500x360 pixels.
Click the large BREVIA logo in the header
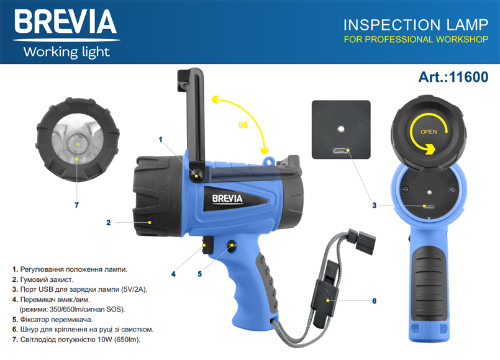66,21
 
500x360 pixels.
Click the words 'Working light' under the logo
66,52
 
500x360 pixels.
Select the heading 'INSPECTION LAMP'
416,25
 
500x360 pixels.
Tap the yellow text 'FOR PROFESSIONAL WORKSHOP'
416,40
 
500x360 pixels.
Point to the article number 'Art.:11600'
453,77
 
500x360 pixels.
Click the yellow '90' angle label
243,125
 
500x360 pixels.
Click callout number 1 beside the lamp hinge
160,140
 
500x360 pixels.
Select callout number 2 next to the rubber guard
109,223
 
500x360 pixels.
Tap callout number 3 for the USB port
375,205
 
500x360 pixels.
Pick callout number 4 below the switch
173,274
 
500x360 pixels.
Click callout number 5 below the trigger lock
199,274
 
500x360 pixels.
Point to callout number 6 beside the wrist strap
375,301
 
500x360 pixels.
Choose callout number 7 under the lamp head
76,205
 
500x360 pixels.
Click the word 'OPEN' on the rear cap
429,132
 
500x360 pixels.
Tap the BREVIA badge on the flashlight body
227,199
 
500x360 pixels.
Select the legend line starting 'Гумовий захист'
43,279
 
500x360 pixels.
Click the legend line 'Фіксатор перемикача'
52,320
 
